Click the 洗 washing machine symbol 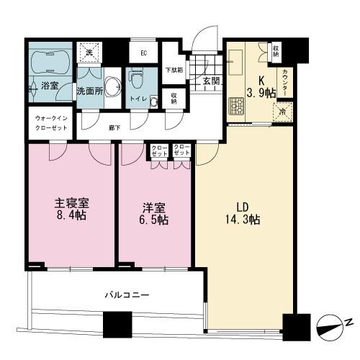tap(89, 53)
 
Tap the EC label tap(143, 53)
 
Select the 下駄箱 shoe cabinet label tap(173, 71)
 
